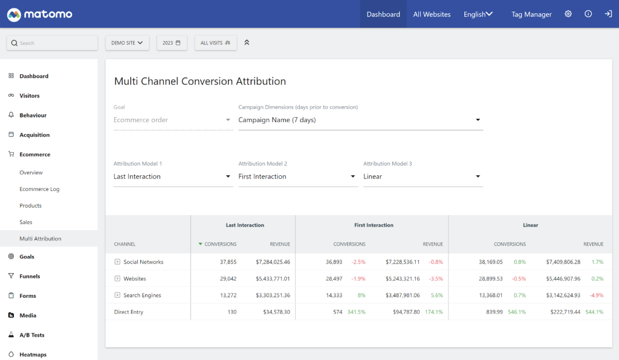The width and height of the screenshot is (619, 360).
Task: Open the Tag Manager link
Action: click(531, 14)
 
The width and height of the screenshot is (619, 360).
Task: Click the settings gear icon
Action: click(568, 14)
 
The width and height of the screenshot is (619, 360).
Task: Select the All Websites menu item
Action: click(432, 14)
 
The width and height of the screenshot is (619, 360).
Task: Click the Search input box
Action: click(52, 43)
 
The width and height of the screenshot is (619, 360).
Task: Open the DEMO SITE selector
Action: click(127, 43)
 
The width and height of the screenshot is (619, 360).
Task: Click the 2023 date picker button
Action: click(172, 43)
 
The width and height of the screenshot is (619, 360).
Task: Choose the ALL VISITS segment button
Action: click(215, 43)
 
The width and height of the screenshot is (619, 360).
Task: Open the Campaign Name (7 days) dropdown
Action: click(360, 120)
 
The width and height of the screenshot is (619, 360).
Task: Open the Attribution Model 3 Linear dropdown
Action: click(423, 177)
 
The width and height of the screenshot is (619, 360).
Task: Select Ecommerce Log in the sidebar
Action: click(39, 189)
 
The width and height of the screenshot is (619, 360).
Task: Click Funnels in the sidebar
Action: click(30, 276)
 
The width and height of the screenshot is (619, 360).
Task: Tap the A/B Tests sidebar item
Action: click(31, 335)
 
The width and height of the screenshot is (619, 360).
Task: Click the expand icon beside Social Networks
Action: click(117, 262)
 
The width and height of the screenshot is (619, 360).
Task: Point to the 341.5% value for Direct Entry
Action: click(356, 312)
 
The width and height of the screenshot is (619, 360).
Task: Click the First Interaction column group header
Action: click(374, 225)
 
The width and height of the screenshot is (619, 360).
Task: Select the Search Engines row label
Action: click(142, 295)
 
